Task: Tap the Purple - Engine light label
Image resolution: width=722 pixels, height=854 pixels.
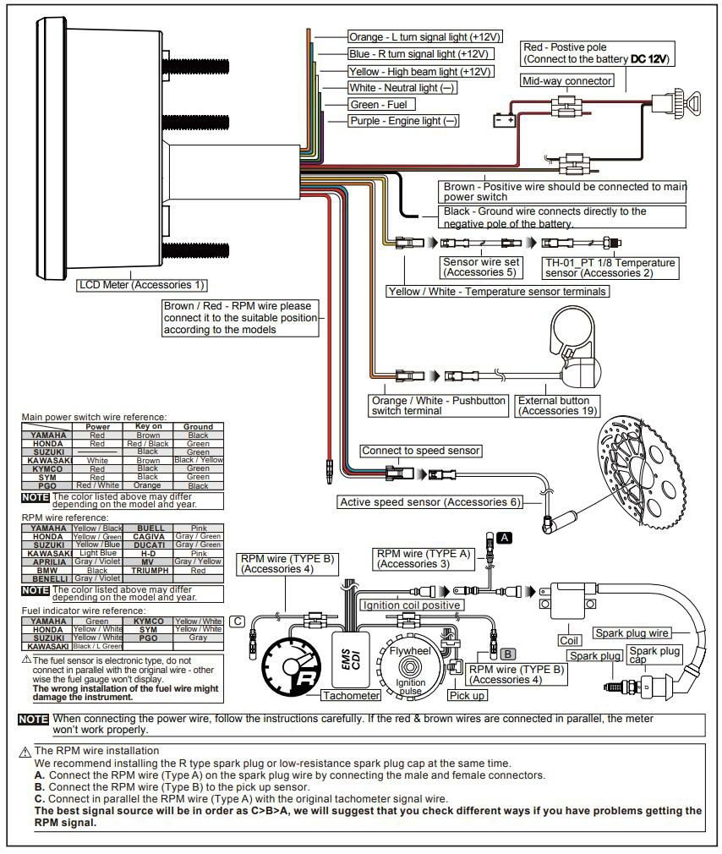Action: [403, 121]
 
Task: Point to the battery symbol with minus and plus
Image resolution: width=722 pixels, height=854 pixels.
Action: [505, 121]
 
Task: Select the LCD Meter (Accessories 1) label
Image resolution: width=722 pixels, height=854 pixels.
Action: [142, 285]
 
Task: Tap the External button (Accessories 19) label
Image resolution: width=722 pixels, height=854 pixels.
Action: [557, 406]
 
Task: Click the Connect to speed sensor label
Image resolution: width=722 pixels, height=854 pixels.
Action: [420, 451]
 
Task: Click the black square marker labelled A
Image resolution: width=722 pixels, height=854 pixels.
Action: [504, 538]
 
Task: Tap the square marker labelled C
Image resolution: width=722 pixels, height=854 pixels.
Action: [238, 621]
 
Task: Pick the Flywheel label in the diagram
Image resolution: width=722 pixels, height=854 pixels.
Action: [409, 652]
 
